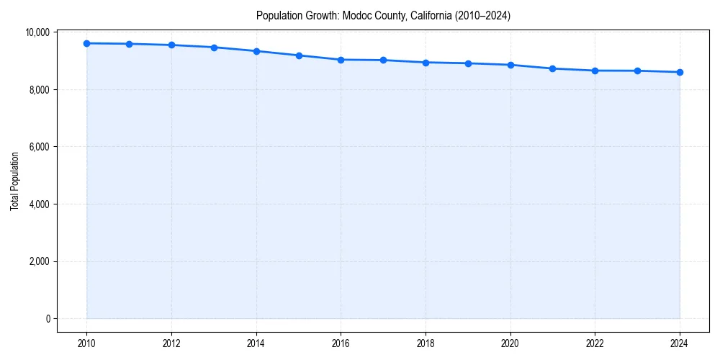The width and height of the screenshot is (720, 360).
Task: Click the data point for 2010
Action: point(86,43)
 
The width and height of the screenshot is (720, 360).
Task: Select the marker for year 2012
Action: point(171,45)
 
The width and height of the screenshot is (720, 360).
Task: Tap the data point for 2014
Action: point(256,51)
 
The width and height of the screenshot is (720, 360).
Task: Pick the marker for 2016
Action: point(341,60)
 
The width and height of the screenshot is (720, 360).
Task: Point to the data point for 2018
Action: point(426,63)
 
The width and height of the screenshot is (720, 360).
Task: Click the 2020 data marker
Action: point(510,65)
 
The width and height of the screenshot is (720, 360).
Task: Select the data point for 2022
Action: point(595,71)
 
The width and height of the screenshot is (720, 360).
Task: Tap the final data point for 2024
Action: point(680,72)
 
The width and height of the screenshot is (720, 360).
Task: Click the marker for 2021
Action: point(552,68)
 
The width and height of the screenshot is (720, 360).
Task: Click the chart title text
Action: point(383,16)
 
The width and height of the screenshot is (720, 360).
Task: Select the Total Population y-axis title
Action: point(14,181)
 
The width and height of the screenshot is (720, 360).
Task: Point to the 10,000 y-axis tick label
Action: point(37,32)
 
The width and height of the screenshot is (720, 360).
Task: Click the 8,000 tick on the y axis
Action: point(39,89)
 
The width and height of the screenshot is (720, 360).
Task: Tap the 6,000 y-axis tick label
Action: point(39,147)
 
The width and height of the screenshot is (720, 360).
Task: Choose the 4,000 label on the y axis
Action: point(39,204)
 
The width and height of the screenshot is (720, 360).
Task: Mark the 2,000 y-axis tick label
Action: point(39,261)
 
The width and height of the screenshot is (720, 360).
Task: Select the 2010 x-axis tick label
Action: point(86,343)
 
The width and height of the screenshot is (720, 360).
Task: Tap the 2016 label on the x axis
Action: point(341,343)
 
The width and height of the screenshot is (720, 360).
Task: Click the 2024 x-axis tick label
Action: point(680,343)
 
